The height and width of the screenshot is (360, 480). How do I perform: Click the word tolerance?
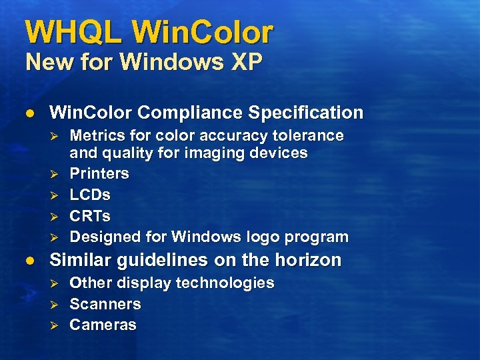(309, 136)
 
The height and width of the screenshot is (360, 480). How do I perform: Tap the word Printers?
(99, 173)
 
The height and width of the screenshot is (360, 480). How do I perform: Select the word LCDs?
(90, 195)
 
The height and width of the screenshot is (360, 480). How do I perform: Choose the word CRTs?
(90, 216)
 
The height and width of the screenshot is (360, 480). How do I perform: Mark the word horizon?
(310, 260)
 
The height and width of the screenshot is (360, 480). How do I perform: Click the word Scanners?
(105, 304)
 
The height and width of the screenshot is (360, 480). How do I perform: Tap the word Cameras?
(103, 325)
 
